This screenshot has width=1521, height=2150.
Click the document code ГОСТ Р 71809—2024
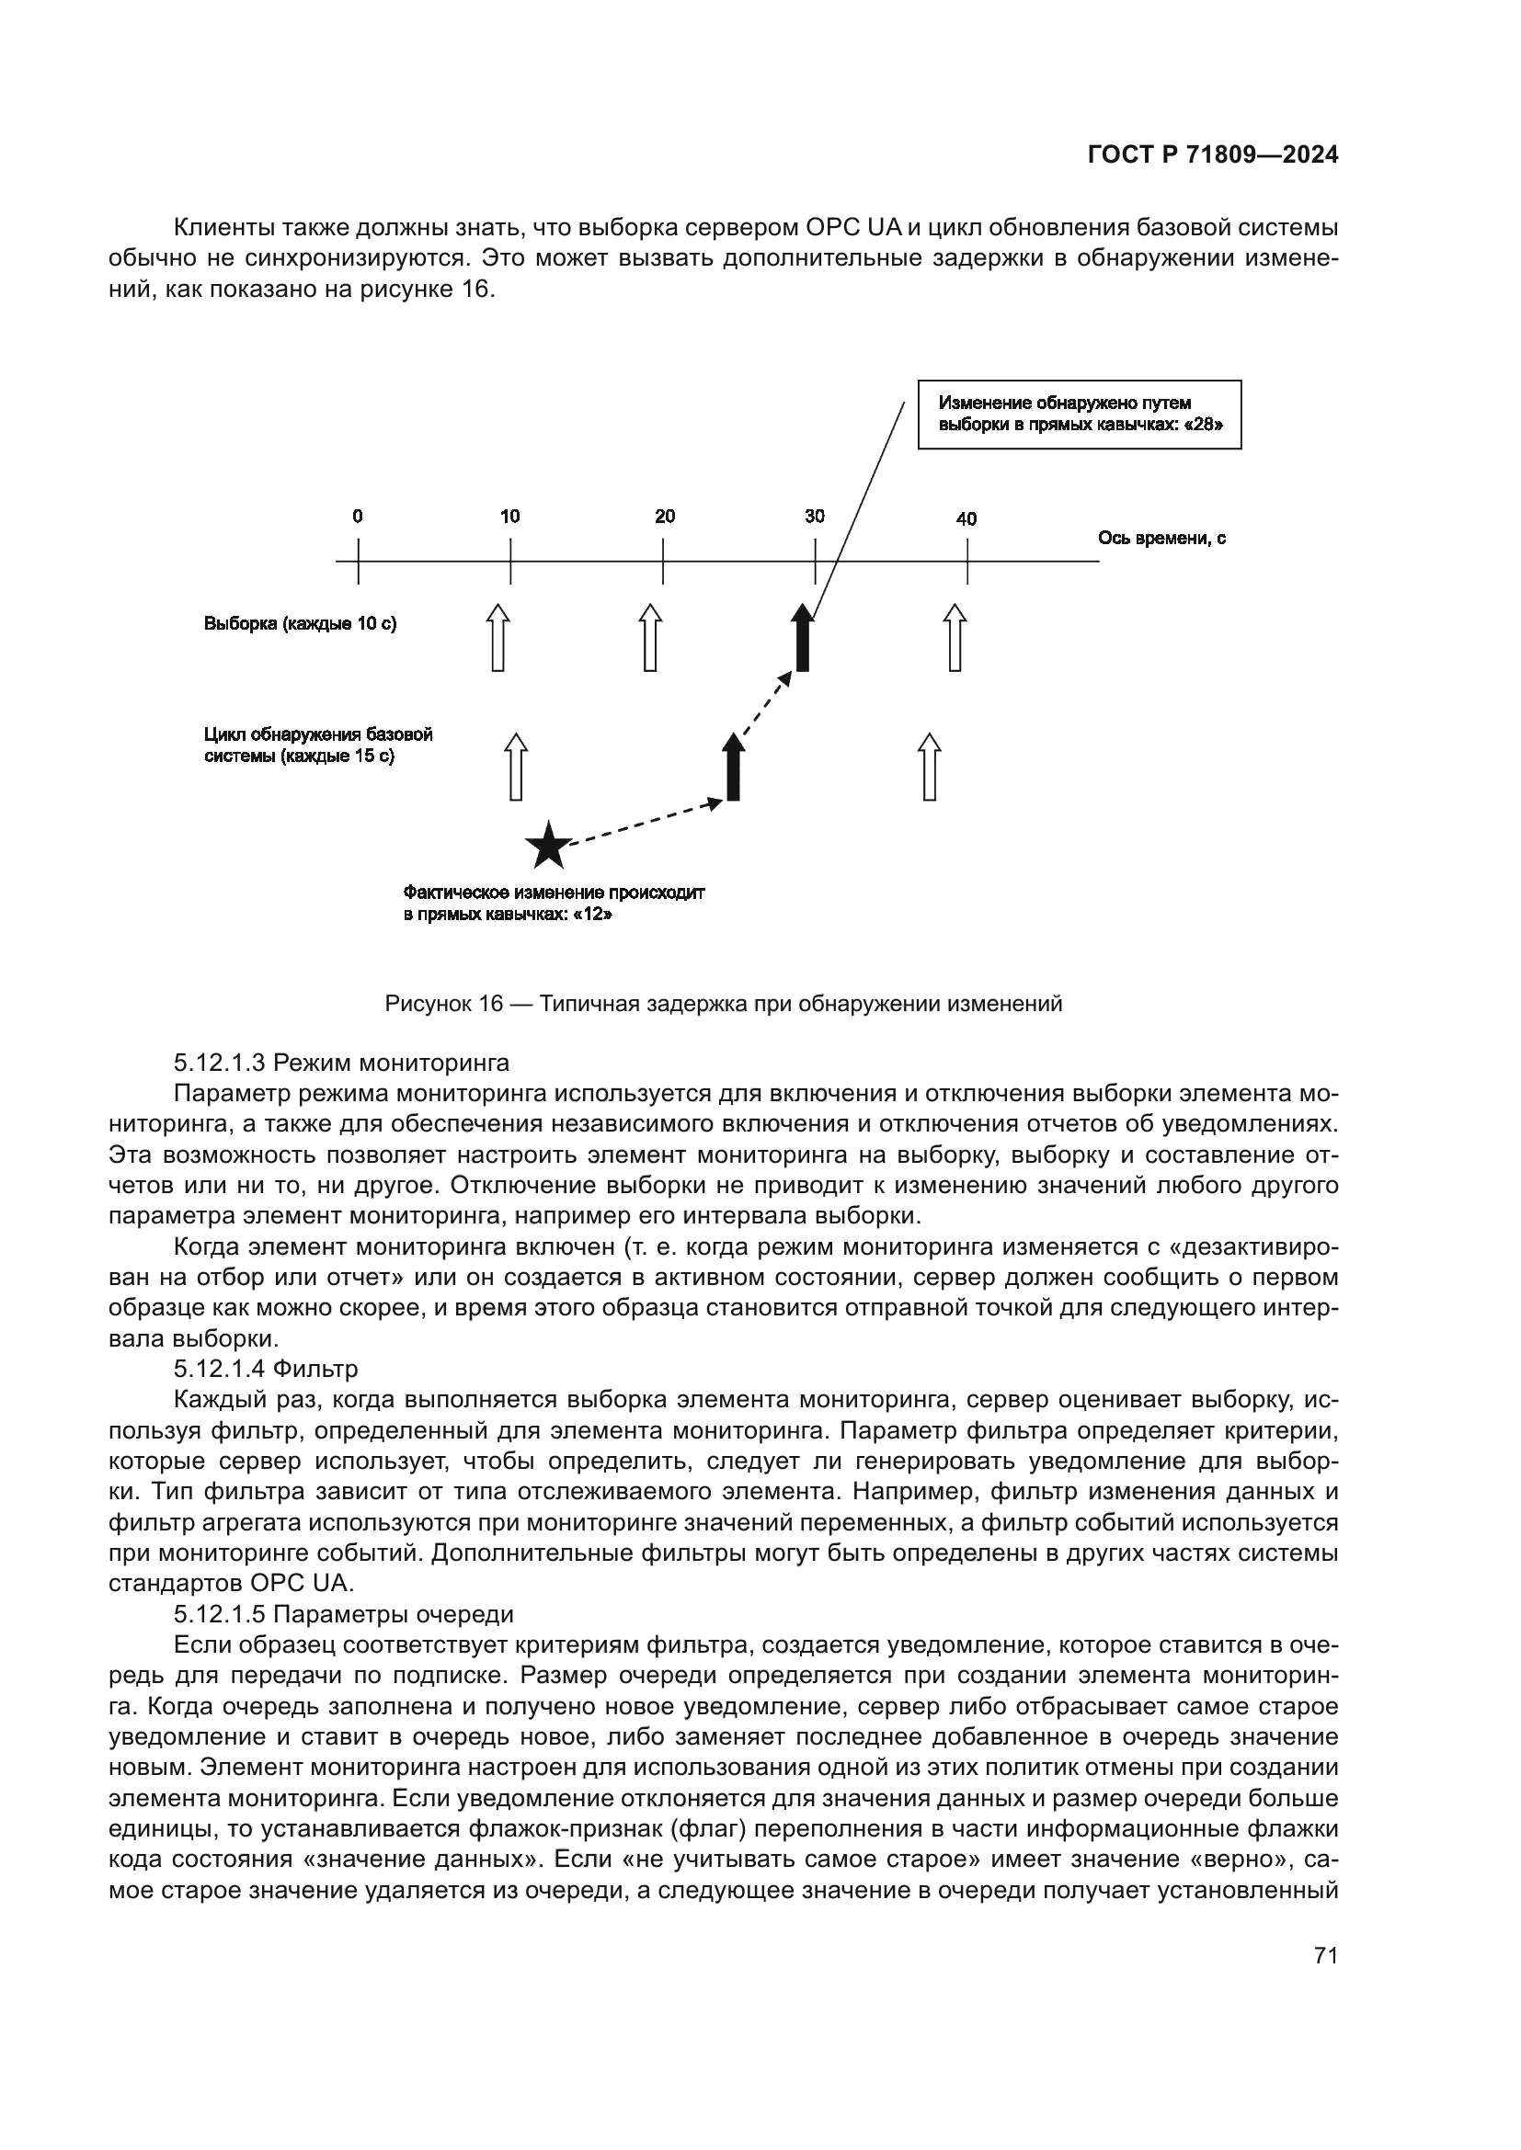[x=1213, y=155]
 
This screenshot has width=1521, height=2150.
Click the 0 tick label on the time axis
[x=358, y=516]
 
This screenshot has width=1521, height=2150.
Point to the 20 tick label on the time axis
[x=664, y=516]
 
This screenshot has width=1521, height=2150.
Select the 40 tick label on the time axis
[x=966, y=518]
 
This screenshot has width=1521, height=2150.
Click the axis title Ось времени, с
[x=1161, y=539]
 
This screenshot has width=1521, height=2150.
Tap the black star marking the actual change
[x=548, y=847]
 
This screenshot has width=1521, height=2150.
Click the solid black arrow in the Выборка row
[x=802, y=639]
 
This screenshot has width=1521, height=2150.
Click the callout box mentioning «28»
[x=1079, y=414]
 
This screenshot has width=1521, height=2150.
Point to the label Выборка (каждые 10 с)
[x=300, y=623]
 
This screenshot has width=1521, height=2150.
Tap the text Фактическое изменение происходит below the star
[x=554, y=893]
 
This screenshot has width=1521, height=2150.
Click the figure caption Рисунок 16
[x=723, y=1005]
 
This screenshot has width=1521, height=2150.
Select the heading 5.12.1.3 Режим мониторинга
[x=341, y=1063]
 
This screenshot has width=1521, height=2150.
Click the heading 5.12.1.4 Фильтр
[x=265, y=1369]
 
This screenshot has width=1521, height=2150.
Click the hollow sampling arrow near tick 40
[x=955, y=639]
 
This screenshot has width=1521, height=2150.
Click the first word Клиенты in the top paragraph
[x=220, y=228]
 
